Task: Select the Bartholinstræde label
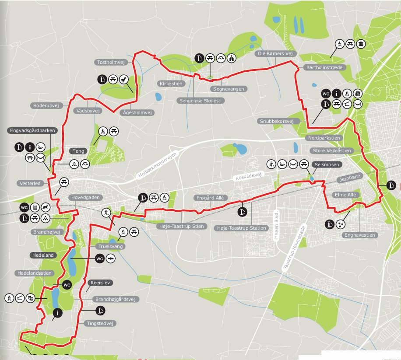[x=324, y=67]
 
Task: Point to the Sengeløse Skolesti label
[x=201, y=101]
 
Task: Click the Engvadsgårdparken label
[x=29, y=130]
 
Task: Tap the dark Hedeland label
[x=42, y=255]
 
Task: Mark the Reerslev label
[x=98, y=283]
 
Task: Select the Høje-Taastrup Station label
[x=242, y=228]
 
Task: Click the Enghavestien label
[x=361, y=235]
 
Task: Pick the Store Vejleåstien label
[x=331, y=151]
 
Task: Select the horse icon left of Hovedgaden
[x=46, y=207]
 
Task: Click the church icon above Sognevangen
[x=232, y=58]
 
